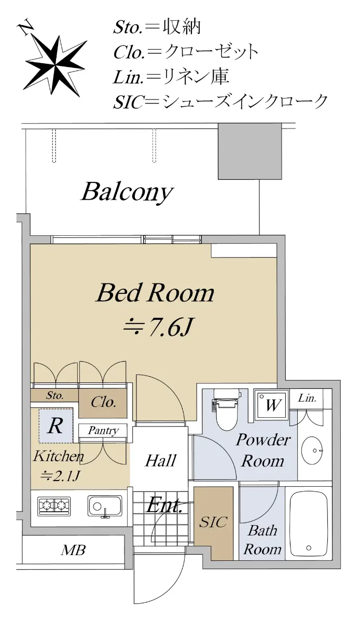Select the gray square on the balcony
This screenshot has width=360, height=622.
[250, 151]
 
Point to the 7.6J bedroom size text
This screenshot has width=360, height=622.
[158, 328]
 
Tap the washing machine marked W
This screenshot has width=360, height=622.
[271, 405]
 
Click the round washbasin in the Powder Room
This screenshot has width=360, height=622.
[313, 450]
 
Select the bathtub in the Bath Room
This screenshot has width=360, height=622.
[309, 525]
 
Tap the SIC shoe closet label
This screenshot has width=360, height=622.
[213, 522]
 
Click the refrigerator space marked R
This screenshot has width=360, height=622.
[55, 426]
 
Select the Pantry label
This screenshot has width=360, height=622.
[103, 431]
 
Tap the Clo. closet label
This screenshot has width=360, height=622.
[103, 402]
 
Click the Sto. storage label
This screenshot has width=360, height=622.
[55, 395]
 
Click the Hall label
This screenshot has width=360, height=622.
[160, 461]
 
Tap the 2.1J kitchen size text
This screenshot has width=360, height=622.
[60, 476]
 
